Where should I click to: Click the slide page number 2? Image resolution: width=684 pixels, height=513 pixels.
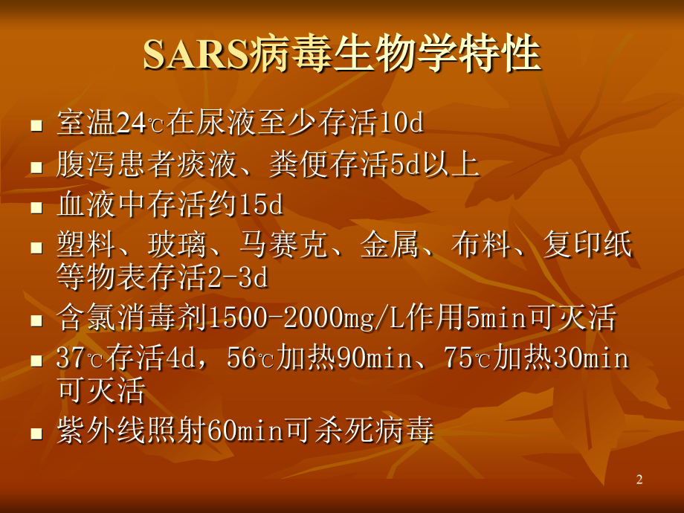(639, 480)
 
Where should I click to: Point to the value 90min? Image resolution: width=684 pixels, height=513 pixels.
(375, 361)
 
